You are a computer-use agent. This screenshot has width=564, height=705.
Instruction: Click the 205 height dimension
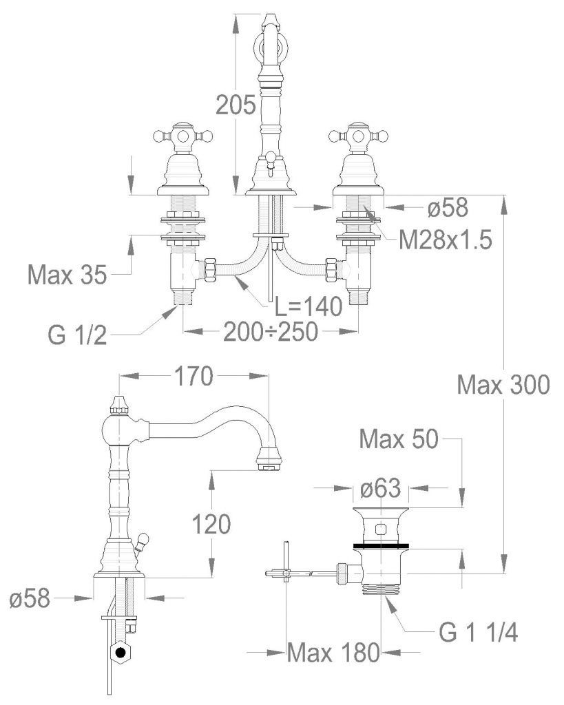pyautogui.click(x=236, y=105)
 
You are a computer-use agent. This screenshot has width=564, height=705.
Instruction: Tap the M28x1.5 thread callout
pyautogui.click(x=446, y=240)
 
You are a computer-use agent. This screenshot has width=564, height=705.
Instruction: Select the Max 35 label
pyautogui.click(x=67, y=274)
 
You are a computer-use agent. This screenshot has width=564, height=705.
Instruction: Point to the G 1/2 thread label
pyautogui.click(x=78, y=335)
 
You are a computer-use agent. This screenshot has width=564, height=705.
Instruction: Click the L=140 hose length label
pyautogui.click(x=309, y=307)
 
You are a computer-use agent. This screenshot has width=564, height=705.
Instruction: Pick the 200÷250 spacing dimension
pyautogui.click(x=271, y=332)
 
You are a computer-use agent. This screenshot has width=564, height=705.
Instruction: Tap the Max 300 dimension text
pyautogui.click(x=503, y=385)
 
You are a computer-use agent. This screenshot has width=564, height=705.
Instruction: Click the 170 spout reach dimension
pyautogui.click(x=194, y=376)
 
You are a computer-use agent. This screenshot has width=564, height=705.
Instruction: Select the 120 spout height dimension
pyautogui.click(x=211, y=524)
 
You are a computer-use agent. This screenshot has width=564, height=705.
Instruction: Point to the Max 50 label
pyautogui.click(x=399, y=439)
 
